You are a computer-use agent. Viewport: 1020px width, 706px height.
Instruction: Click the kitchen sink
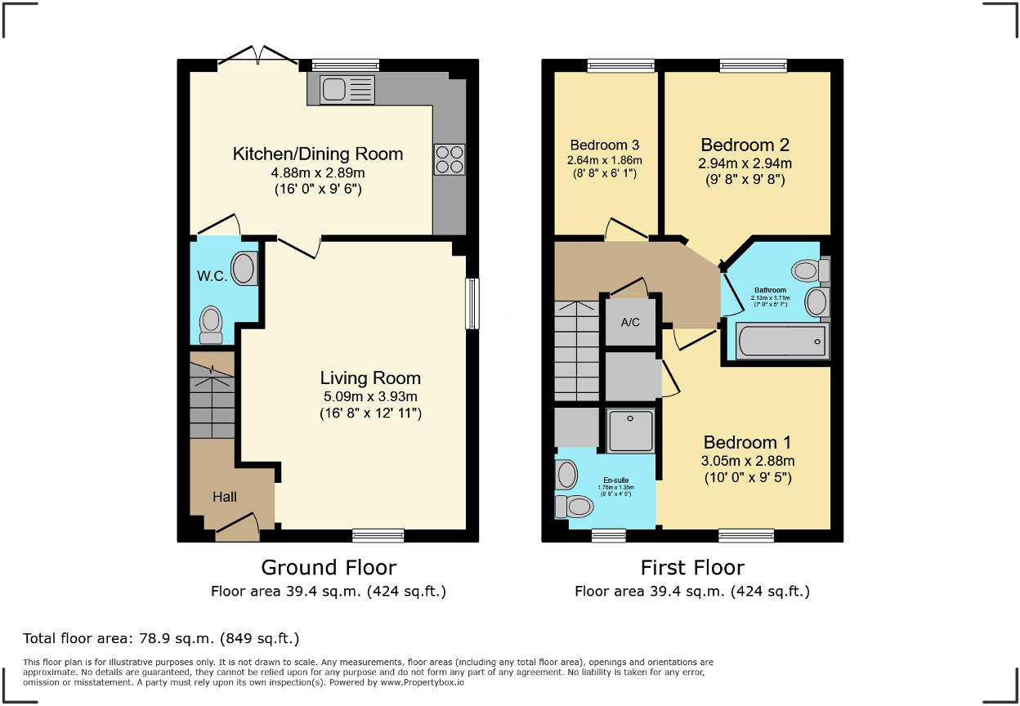pyautogui.click(x=347, y=88)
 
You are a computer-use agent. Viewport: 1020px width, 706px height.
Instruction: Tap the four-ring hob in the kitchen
pyautogui.click(x=449, y=159)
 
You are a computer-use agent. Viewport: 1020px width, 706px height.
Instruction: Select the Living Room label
pyautogui.click(x=369, y=378)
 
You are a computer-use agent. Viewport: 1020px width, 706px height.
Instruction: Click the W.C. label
pyautogui.click(x=211, y=276)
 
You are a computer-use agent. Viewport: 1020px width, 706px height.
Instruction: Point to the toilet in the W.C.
pyautogui.click(x=212, y=324)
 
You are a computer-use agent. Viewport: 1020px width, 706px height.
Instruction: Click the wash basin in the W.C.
pyautogui.click(x=244, y=267)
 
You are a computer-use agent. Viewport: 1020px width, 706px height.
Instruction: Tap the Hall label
pyautogui.click(x=225, y=496)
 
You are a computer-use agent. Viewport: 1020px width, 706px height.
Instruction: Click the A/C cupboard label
pyautogui.click(x=630, y=323)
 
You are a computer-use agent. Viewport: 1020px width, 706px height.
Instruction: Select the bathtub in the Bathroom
pyautogui.click(x=781, y=341)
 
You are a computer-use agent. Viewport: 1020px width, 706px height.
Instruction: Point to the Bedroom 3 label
pyautogui.click(x=606, y=145)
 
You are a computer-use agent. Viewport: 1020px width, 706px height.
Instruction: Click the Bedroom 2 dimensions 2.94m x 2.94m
pyautogui.click(x=745, y=163)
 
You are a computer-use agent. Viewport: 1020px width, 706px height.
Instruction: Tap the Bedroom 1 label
pyautogui.click(x=747, y=443)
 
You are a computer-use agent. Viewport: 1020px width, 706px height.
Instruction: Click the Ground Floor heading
pyautogui.click(x=329, y=567)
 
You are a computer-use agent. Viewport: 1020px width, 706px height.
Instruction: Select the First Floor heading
pyautogui.click(x=692, y=567)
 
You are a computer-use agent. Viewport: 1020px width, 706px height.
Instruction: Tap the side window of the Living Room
pyautogui.click(x=472, y=304)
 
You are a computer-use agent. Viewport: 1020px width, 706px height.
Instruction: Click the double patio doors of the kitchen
pyautogui.click(x=258, y=56)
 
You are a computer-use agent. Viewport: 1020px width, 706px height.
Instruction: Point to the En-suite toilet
pyautogui.click(x=575, y=507)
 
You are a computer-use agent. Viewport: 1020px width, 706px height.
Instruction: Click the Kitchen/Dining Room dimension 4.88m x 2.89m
pyautogui.click(x=318, y=173)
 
